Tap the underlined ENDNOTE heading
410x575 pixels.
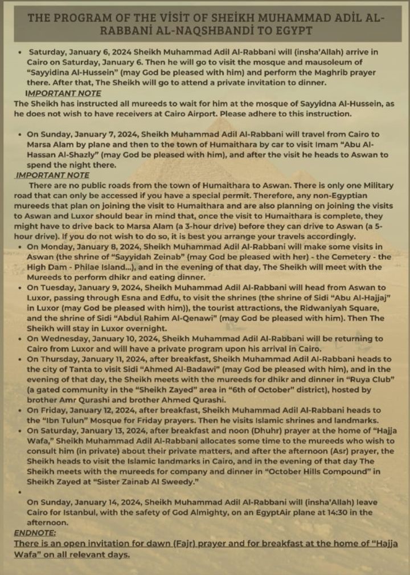[35, 532]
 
